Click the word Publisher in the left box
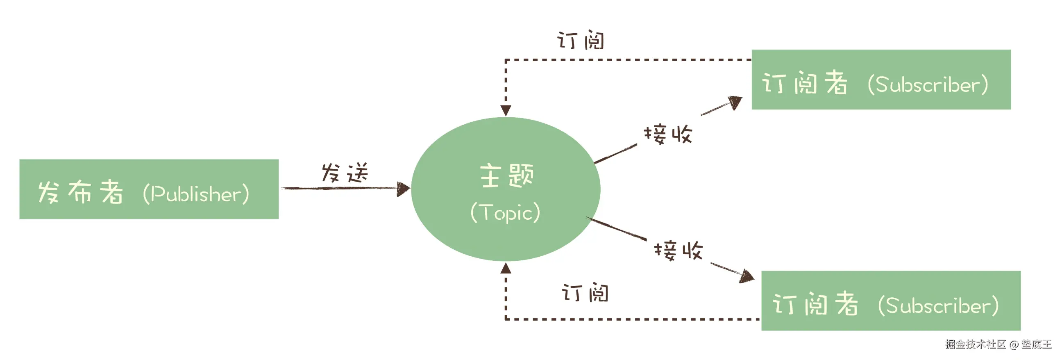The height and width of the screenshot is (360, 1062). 196,194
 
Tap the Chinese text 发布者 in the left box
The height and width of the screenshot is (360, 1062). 80,192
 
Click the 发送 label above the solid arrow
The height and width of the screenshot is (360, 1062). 345,172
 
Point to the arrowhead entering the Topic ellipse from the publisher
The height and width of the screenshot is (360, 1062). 403,189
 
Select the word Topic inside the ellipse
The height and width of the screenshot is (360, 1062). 506,213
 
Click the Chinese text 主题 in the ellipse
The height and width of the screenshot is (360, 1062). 507,175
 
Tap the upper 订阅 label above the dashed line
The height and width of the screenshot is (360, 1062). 581,41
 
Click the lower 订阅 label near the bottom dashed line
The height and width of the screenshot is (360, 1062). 585,293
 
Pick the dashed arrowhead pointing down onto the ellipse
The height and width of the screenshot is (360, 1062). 506,110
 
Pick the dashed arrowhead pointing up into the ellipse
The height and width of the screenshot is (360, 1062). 506,269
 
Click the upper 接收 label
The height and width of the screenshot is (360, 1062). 668,134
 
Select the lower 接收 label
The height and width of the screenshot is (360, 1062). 678,250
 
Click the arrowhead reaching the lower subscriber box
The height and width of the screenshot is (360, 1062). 747,276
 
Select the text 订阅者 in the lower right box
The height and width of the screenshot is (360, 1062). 815,304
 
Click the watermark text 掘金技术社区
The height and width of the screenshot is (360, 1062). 976,344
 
